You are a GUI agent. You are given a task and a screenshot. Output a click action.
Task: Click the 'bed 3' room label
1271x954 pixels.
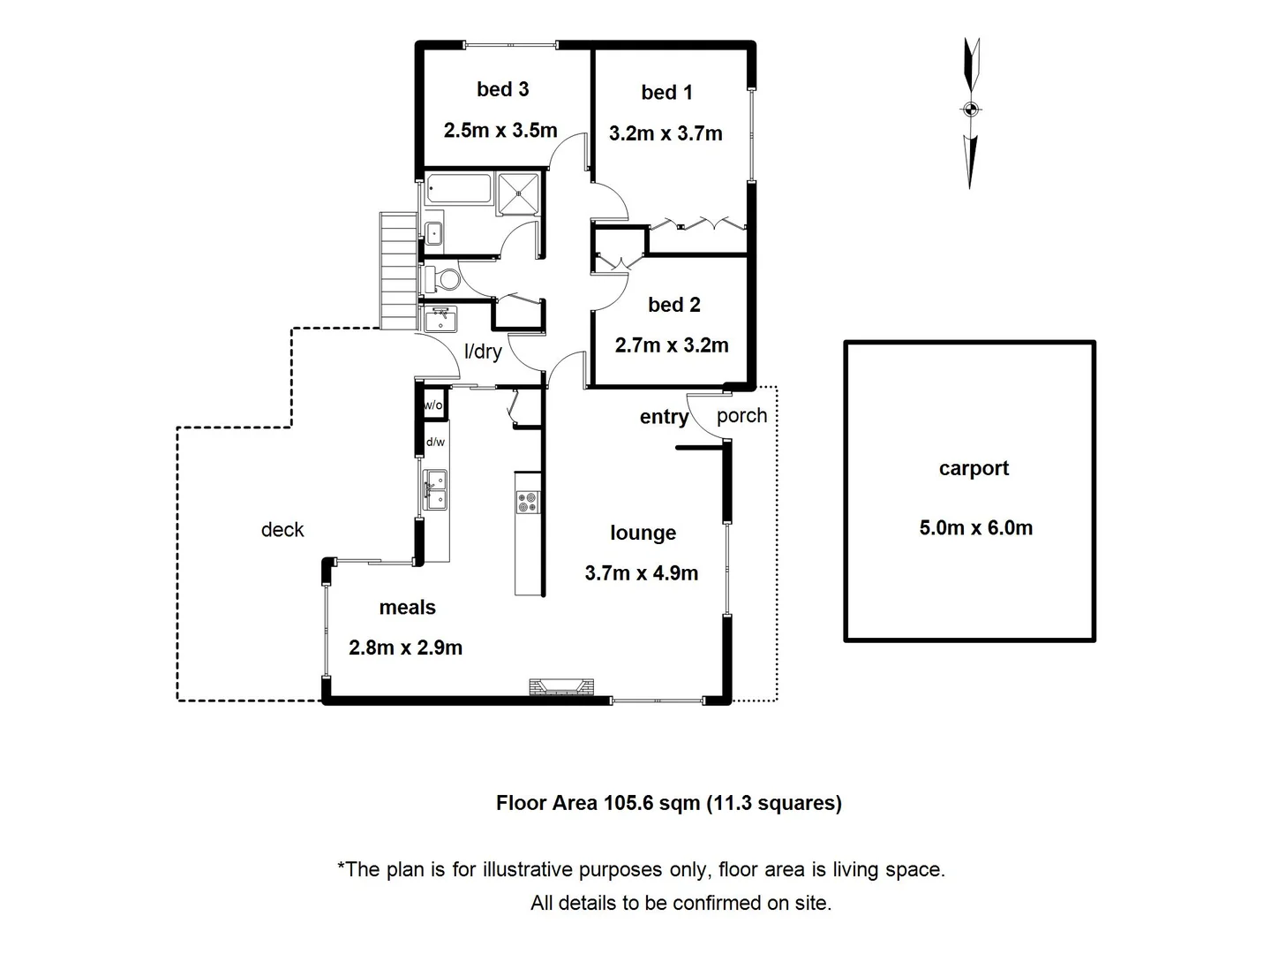(502, 89)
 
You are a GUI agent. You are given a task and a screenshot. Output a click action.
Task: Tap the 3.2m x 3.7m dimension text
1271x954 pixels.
(666, 133)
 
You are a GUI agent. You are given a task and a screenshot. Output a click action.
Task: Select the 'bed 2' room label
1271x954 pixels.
(673, 305)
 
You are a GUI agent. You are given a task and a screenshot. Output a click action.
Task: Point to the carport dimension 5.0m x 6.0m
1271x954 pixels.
(975, 528)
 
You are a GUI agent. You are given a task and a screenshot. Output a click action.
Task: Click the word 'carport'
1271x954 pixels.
(974, 469)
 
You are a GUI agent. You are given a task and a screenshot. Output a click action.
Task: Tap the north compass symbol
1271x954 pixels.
(971, 110)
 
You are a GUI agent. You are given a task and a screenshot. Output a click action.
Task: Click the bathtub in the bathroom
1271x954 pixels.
(458, 189)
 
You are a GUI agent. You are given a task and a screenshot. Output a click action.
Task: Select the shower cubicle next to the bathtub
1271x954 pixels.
(518, 193)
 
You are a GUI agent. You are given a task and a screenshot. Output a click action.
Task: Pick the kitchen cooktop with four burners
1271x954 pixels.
(528, 502)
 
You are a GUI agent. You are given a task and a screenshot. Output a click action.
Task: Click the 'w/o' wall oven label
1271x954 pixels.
(433, 405)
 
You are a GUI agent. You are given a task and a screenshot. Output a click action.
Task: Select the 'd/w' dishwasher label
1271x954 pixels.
(435, 442)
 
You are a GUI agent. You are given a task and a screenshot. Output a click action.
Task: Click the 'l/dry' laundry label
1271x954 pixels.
(483, 352)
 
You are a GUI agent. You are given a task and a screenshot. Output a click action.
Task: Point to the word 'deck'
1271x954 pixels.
(282, 530)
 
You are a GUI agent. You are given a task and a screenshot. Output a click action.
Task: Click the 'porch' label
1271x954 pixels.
(741, 416)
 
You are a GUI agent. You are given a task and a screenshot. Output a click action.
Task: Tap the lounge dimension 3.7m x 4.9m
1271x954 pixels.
(641, 573)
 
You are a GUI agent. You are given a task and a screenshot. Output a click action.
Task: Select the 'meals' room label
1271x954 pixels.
(407, 608)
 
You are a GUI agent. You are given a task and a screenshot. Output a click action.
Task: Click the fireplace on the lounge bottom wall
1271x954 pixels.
(561, 686)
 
